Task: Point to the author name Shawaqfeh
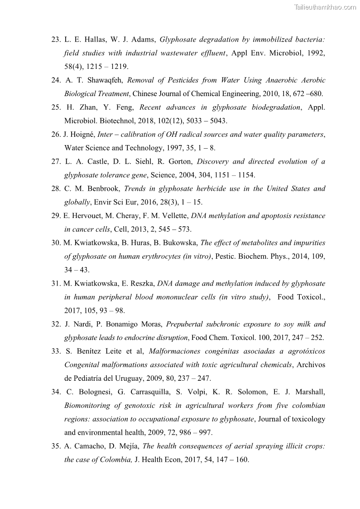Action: pos(105,80)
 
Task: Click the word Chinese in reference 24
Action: pos(145,94)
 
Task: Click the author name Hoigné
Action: pos(82,135)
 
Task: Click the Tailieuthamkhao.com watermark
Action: pos(325,7)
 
